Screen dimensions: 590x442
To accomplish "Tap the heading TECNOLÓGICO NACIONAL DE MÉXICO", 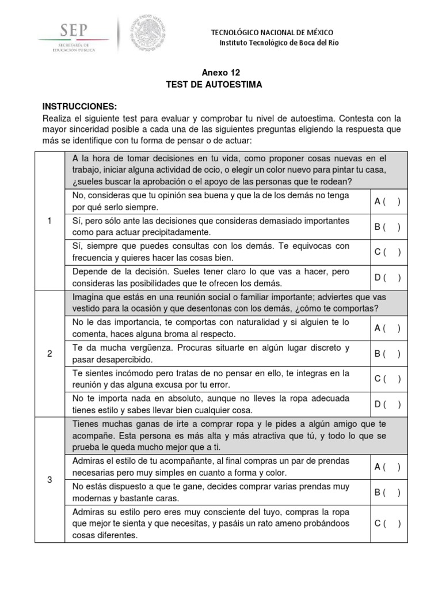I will point(272,33).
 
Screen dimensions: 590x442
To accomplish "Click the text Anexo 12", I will point(220,73).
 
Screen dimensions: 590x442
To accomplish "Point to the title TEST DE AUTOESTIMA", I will point(214,84).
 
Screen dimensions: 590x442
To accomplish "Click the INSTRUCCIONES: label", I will point(79,107).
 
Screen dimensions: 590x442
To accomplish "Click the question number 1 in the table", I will point(50,221).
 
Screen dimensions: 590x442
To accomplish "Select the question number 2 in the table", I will point(50,353).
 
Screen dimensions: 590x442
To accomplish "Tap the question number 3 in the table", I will point(50,479).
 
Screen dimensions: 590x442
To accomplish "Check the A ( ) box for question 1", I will point(387,201).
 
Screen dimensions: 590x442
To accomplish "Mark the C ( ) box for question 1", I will point(387,252).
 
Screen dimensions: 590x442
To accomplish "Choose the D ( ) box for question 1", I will point(387,278).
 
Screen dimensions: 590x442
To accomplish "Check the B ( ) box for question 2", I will point(387,353).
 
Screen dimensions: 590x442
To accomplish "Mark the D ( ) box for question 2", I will point(387,404).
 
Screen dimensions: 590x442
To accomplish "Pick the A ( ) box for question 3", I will point(387,467).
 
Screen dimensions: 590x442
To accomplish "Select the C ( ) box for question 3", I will point(387,523).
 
